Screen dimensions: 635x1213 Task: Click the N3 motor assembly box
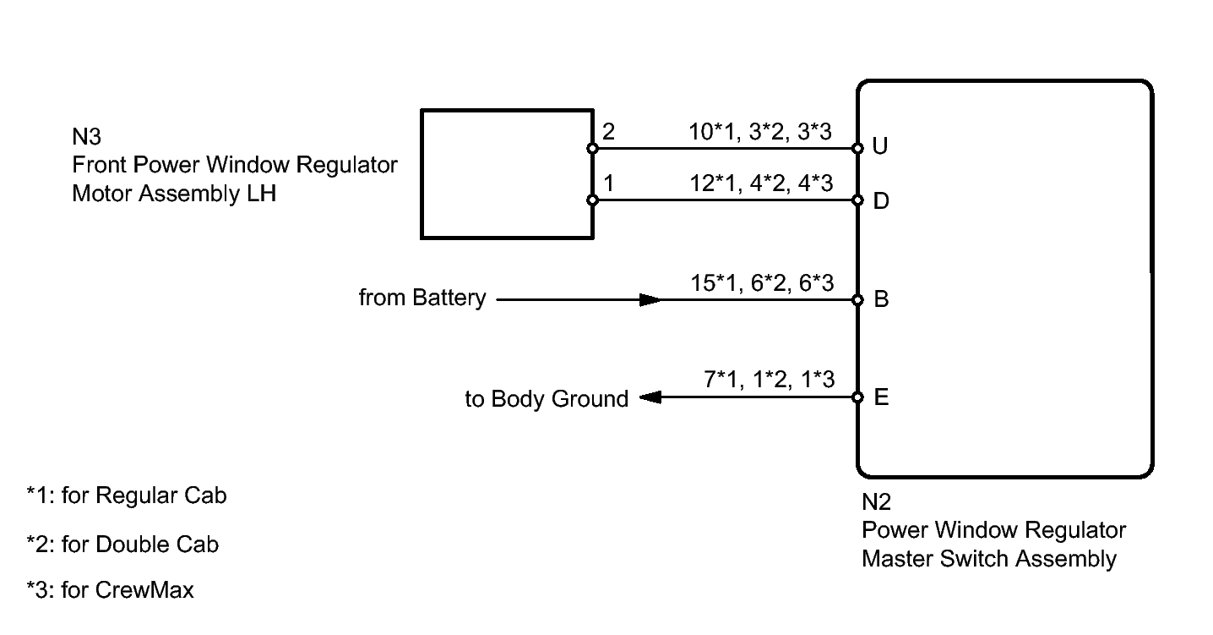(507, 173)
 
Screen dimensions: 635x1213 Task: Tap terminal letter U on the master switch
(880, 147)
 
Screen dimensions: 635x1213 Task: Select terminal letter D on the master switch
(880, 202)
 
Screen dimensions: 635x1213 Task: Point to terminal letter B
(881, 300)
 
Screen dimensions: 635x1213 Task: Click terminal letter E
(881, 397)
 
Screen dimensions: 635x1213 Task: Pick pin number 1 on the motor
(609, 183)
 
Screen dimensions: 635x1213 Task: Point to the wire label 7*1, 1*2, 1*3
(769, 380)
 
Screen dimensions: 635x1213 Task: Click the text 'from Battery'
(422, 298)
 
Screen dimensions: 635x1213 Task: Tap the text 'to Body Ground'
(547, 399)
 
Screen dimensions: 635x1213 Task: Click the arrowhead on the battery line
(650, 299)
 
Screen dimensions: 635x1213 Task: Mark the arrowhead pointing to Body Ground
(650, 397)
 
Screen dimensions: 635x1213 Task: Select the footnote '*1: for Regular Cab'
(127, 495)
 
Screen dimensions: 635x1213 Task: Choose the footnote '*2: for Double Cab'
(123, 545)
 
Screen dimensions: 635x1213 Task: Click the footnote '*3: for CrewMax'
(111, 589)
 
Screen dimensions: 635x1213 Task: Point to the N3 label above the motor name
(87, 137)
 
